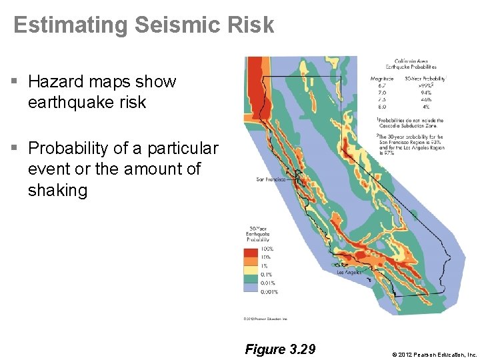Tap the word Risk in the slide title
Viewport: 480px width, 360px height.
(x=249, y=25)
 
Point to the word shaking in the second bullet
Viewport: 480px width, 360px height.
(x=57, y=190)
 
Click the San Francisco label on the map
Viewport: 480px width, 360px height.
(x=271, y=179)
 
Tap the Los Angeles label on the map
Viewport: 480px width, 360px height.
(x=349, y=272)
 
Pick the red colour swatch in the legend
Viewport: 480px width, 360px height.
(x=251, y=253)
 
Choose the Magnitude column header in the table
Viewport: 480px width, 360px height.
(x=381, y=79)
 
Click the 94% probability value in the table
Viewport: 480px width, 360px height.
(x=425, y=93)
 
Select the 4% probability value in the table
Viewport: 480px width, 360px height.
(x=425, y=106)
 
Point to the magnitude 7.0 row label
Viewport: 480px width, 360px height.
(x=381, y=93)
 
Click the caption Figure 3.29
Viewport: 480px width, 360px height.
(x=280, y=349)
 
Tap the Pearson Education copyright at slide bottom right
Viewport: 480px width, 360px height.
(x=434, y=354)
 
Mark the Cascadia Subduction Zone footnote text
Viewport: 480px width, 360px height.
(x=408, y=121)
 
